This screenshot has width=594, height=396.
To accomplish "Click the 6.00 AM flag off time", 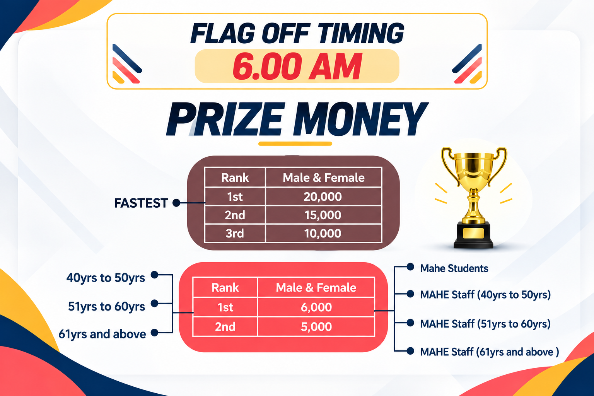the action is (x=297, y=66).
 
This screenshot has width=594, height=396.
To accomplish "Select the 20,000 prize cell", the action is (x=323, y=196).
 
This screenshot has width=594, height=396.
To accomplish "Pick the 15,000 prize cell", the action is (x=323, y=215).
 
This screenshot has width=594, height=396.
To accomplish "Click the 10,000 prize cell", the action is (x=323, y=234).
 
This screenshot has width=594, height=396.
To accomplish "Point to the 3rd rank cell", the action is (x=235, y=234).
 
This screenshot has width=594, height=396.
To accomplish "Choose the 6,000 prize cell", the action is (x=316, y=307).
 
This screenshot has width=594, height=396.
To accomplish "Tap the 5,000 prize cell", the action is (x=316, y=326).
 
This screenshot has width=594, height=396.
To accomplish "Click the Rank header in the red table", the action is (x=225, y=287).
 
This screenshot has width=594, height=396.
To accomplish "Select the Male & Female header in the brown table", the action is (x=324, y=178).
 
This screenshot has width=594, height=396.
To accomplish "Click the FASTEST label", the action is (x=141, y=203).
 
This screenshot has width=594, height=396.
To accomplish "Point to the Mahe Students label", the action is (x=454, y=268).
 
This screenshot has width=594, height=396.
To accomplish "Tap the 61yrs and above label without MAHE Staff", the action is (x=102, y=334).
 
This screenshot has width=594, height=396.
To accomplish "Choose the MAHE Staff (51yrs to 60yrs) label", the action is (x=486, y=324).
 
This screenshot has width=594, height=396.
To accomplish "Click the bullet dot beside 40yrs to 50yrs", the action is (x=154, y=275).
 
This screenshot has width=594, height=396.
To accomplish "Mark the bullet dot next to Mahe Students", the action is (x=410, y=267).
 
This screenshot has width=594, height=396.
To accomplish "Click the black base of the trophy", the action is (x=473, y=235).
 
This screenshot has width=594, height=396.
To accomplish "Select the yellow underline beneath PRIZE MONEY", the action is (x=295, y=144).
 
